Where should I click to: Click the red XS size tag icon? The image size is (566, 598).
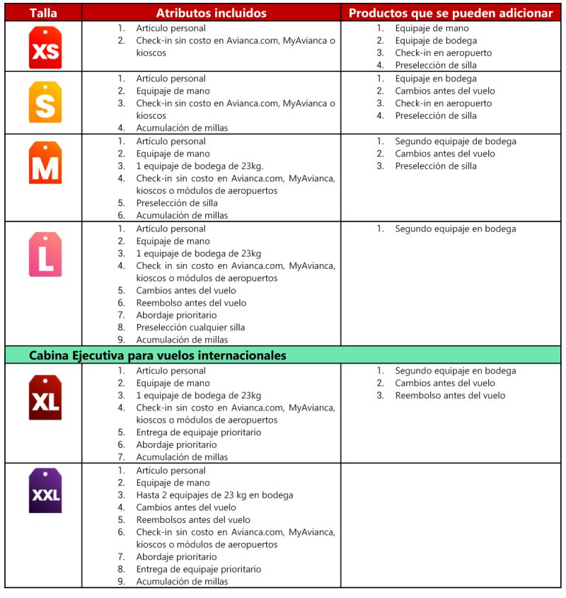[x=45, y=47]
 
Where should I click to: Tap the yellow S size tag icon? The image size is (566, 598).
[x=45, y=102]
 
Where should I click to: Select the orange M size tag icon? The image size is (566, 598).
[x=45, y=163]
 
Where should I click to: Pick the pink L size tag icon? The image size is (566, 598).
[x=45, y=253]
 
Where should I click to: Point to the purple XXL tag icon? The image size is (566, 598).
[x=45, y=490]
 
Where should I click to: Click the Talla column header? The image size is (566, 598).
[x=43, y=13]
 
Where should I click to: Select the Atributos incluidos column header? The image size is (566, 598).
[x=211, y=13]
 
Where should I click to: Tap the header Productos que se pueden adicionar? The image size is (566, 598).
[x=451, y=13]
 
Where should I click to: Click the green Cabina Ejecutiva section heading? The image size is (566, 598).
[x=158, y=355]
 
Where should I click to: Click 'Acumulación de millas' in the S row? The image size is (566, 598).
[x=183, y=128]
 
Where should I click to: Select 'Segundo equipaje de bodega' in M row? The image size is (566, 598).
[x=456, y=142]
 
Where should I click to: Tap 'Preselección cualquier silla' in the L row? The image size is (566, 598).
[x=191, y=328]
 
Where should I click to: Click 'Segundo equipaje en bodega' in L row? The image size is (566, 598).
[x=456, y=229]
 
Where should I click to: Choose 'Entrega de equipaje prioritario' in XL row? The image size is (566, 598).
[x=199, y=432]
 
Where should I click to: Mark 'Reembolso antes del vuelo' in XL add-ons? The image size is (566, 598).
[x=450, y=396]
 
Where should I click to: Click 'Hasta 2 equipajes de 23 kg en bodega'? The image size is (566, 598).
[x=214, y=495]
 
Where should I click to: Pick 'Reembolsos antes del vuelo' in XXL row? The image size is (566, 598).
[x=193, y=520]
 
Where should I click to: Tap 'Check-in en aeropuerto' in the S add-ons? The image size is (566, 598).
[x=444, y=103]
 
